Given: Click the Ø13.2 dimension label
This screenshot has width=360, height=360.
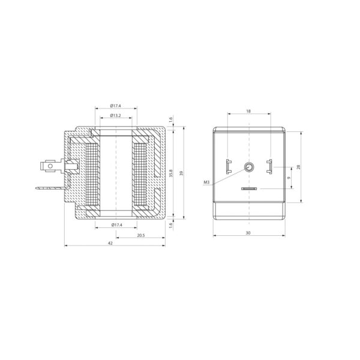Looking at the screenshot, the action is [x=115, y=115].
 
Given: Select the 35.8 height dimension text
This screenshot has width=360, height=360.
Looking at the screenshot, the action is [x=171, y=173].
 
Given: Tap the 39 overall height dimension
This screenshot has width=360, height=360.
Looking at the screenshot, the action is [x=182, y=173].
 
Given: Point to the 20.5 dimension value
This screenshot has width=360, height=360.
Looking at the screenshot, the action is [x=141, y=235].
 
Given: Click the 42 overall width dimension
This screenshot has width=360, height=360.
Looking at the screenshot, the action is [x=110, y=243].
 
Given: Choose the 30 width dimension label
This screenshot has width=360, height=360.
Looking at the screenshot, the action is [x=248, y=233].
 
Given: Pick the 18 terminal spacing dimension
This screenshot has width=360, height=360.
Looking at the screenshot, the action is [x=248, y=111].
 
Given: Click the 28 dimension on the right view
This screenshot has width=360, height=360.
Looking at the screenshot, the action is [x=298, y=167].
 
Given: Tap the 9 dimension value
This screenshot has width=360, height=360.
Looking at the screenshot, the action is [x=289, y=178].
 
